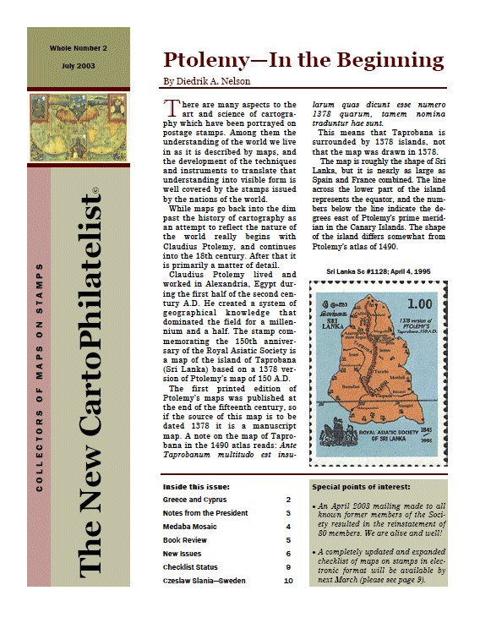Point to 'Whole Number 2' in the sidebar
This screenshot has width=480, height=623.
point(78,51)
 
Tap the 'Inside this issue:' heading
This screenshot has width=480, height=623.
point(195,487)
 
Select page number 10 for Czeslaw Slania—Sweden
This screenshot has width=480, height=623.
point(287,581)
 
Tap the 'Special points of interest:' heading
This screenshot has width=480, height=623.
point(361,488)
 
